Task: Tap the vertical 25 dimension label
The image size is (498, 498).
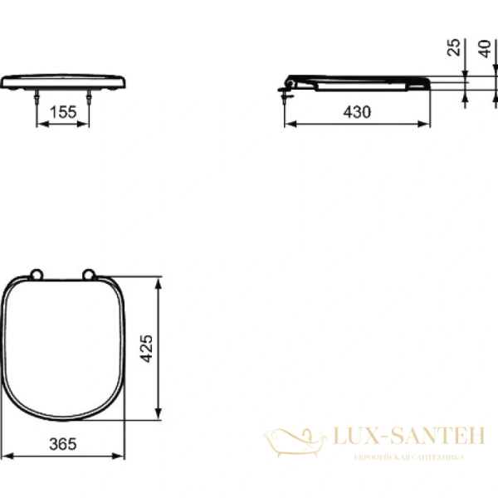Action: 453,46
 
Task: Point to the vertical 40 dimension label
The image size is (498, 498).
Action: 486,46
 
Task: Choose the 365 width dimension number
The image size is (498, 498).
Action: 62,444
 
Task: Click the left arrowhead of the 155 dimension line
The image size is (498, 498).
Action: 39,126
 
